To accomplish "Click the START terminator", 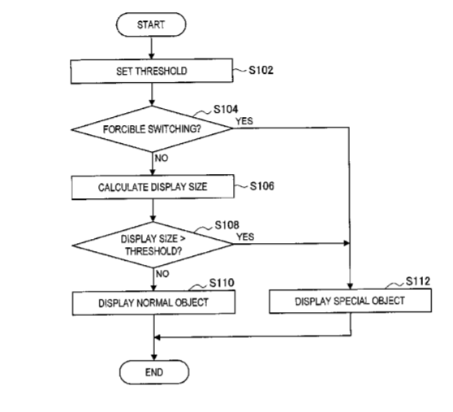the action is tap(151, 24).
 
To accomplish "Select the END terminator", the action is tap(154, 372).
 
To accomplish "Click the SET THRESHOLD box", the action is tap(152, 72).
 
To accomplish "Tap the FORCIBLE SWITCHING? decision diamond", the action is tap(152, 129).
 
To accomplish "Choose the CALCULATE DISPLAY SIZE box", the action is tap(153, 187).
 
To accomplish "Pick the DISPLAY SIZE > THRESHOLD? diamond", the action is tap(153, 245).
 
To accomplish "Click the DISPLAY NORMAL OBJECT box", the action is tap(153, 303).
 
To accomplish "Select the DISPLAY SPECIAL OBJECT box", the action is tap(351, 301).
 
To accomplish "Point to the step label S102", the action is tap(261, 70).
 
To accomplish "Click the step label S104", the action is tap(226, 109).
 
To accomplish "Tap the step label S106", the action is tap(262, 186).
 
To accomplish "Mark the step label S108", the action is tap(226, 225).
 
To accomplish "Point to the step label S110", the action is tap(222, 283).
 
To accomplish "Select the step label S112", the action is tap(418, 281).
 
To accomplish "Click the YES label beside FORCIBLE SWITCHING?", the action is tap(244, 121).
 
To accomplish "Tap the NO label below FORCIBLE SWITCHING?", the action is tap(162, 158).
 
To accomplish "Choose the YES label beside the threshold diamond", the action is tap(245, 237).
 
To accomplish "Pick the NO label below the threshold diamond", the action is tap(162, 274).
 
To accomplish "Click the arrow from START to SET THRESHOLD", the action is tap(151, 48).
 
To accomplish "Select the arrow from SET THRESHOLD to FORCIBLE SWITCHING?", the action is tap(152, 95).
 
